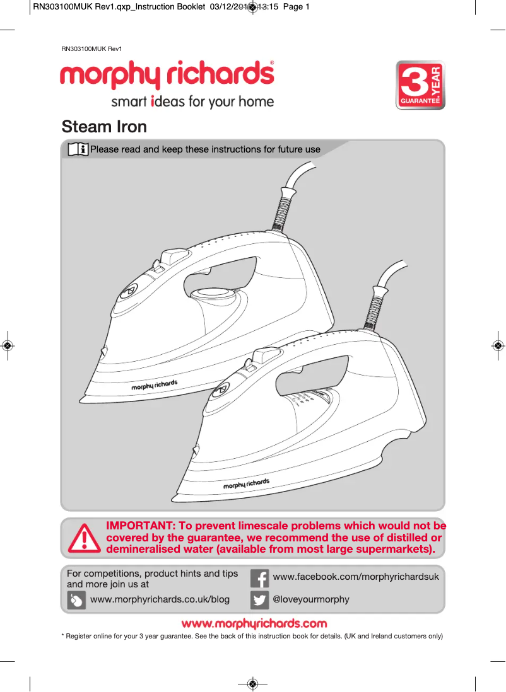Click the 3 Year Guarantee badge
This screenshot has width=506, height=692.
pos(420,84)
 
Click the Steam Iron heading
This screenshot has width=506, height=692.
pos(104,127)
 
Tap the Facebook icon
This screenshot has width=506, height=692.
pos(259,579)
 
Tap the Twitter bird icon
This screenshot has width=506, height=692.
pos(259,600)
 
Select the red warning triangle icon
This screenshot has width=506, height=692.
pos(84,538)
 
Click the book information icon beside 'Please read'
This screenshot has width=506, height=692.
pos(78,149)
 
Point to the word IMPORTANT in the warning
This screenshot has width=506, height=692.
pos(140,526)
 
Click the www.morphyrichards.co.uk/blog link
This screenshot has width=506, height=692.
pos(160,599)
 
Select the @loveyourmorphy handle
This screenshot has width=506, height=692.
pos(310,599)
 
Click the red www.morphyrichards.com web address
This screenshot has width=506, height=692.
pos(254,624)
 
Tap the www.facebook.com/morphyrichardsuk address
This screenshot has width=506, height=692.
pos(355,577)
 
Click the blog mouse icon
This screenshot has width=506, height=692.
pos(76,600)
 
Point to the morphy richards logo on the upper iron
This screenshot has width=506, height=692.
pos(154,385)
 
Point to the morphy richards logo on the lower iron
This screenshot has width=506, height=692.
pos(246,484)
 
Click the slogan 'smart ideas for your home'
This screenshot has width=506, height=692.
pos(192,102)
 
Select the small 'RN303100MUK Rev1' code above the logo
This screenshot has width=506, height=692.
pos(91,49)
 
